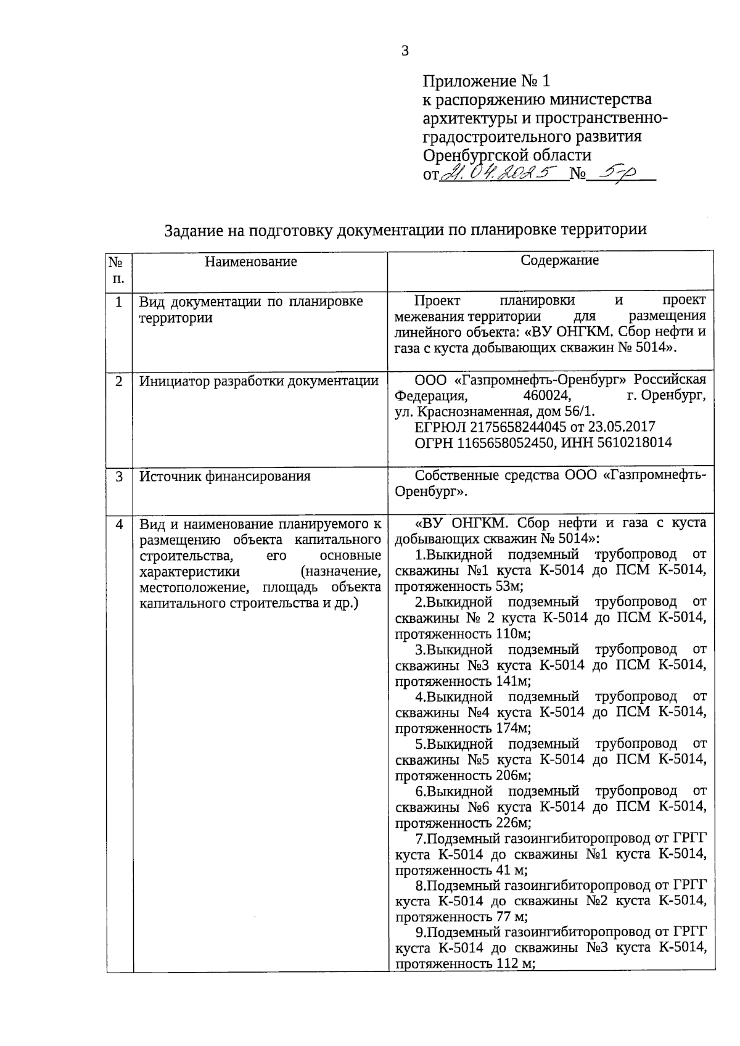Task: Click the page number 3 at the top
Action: click(405, 51)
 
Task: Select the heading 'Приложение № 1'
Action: click(485, 81)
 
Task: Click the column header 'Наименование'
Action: click(250, 261)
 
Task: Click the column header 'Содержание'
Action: click(559, 260)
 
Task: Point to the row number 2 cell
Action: click(119, 381)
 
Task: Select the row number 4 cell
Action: click(119, 524)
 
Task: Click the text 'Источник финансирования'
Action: click(224, 477)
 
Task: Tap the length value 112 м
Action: click(514, 965)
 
